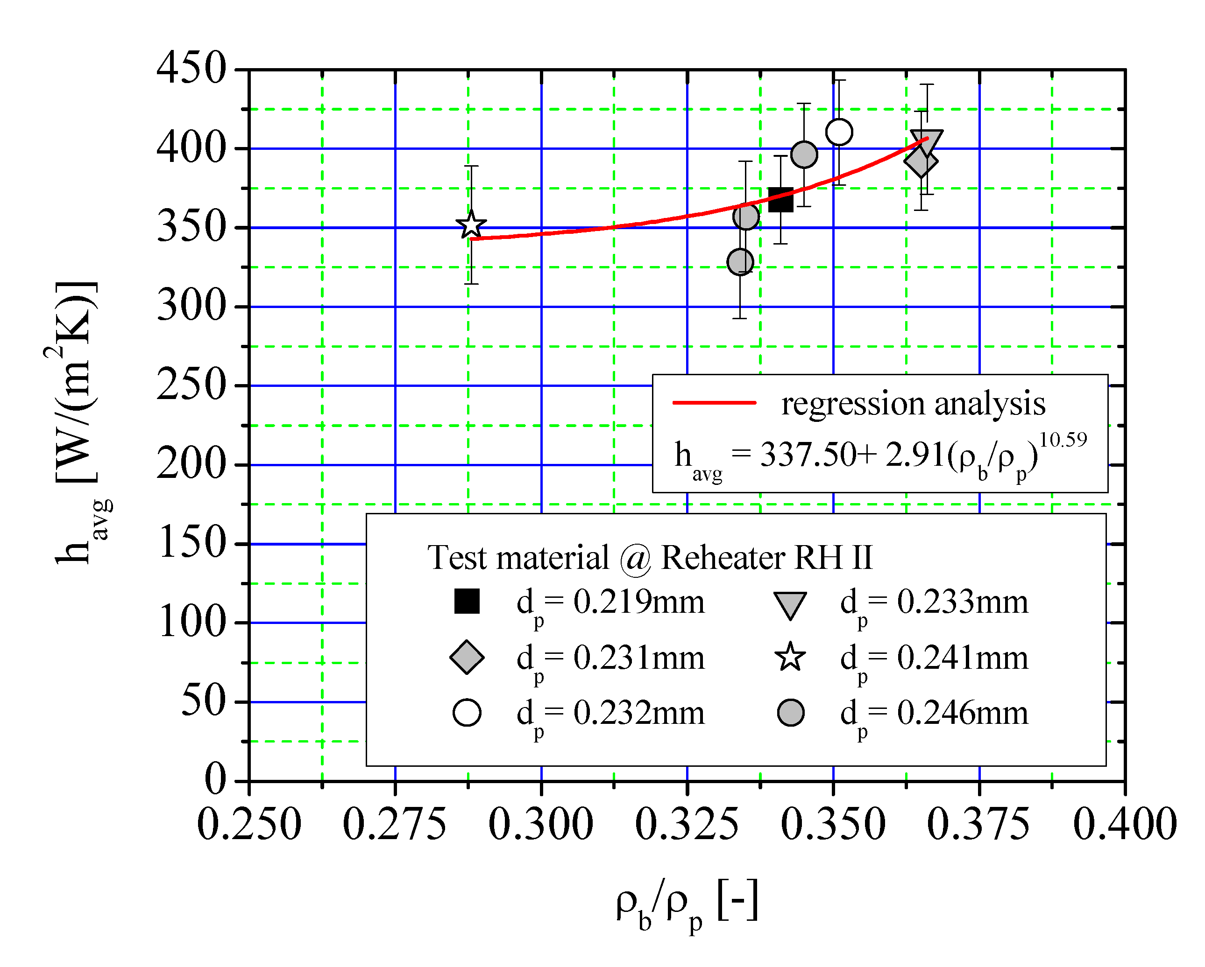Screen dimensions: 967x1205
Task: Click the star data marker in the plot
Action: coord(471,225)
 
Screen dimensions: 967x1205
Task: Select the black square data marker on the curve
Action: coord(780,199)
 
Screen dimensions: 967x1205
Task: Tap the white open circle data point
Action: coord(839,133)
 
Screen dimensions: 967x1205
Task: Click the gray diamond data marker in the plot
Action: coord(921,162)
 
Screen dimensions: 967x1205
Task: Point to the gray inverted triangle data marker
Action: coord(927,142)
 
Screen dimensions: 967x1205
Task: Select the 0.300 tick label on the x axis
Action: coord(540,825)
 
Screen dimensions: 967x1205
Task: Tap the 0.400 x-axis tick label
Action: coord(1125,825)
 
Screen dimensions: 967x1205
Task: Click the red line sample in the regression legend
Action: coord(714,402)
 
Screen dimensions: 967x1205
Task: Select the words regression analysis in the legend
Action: coord(913,403)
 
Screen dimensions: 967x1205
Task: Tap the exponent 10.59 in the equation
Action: coord(1063,440)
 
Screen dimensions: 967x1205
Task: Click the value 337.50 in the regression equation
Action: coord(808,455)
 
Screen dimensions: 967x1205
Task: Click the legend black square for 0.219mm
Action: coord(467,602)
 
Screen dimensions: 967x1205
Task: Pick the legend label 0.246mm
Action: coord(962,714)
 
